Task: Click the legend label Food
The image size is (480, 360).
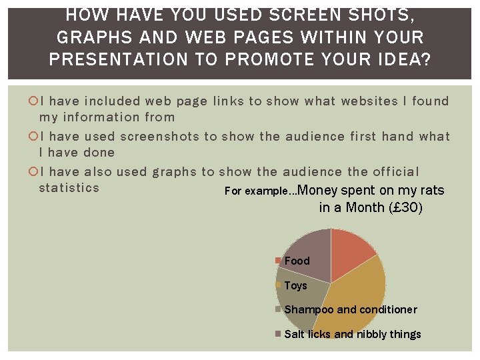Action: (x=297, y=261)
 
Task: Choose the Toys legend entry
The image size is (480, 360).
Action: (x=295, y=285)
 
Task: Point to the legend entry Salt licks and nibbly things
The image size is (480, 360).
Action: (x=352, y=334)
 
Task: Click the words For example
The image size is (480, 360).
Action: (x=257, y=191)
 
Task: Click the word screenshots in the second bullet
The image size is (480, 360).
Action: (x=157, y=137)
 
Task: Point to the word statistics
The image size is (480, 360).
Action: (x=69, y=187)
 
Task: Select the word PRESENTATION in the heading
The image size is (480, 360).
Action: (x=118, y=59)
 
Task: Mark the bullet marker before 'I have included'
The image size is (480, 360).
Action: (x=34, y=101)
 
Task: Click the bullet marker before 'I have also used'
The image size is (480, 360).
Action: (x=34, y=172)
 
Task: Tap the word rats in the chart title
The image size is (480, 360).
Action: (x=432, y=191)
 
